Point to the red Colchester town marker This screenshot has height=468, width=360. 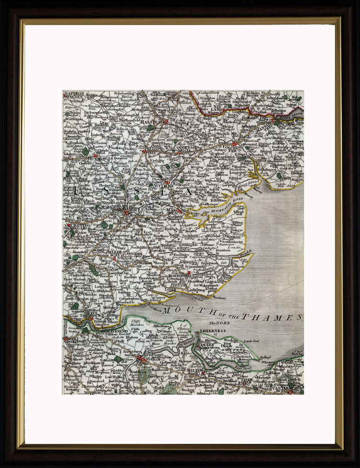click(234, 143)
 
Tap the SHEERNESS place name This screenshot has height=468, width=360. click(213, 331)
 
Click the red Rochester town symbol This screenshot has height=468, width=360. click(140, 358)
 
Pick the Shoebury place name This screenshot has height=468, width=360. click(219, 298)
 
